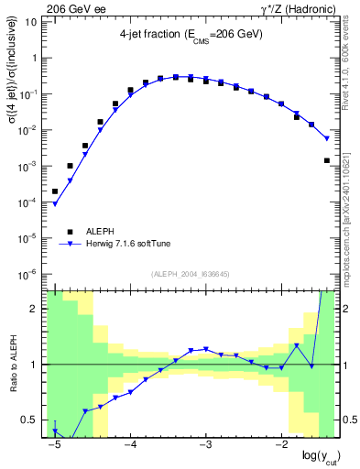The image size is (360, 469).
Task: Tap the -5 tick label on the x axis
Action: tap(54, 446)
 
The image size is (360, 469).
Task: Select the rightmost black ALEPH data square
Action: tap(327, 160)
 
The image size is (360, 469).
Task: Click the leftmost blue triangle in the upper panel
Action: tap(55, 203)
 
